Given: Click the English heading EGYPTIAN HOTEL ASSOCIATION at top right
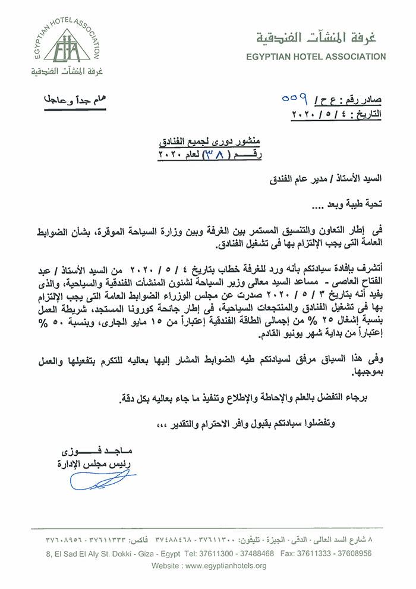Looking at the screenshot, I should [x=315, y=57].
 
